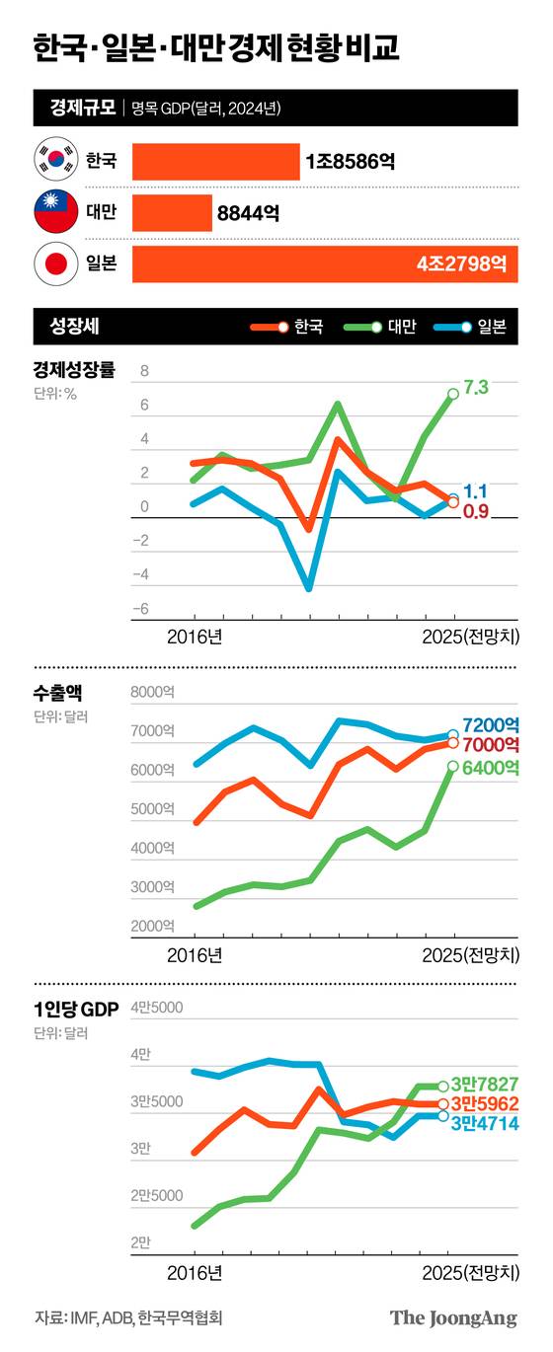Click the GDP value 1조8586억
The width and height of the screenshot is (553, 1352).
click(x=351, y=161)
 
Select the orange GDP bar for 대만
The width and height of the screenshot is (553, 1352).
click(x=172, y=212)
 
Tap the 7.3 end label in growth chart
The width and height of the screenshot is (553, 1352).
click(x=476, y=388)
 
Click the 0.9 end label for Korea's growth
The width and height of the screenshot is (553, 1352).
click(x=476, y=511)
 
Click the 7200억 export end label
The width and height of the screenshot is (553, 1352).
click(x=491, y=725)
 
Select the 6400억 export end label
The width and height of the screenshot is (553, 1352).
click(x=491, y=767)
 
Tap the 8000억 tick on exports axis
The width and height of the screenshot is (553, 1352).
click(x=152, y=694)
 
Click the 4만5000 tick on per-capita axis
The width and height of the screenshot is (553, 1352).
click(x=156, y=1009)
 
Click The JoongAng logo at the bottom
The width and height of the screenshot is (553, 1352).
click(x=453, y=1318)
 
